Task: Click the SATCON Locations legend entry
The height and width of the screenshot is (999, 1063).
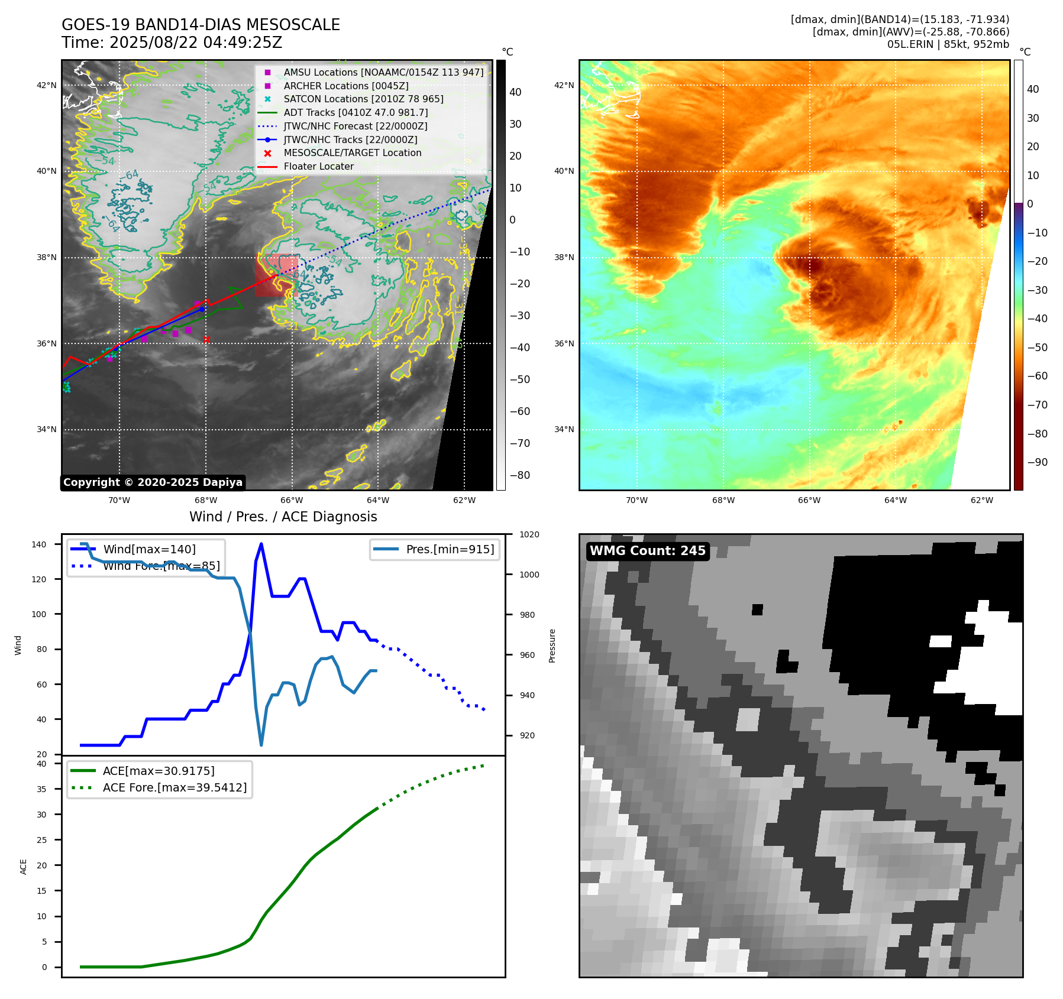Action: click(363, 99)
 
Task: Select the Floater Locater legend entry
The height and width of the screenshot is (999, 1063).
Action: click(318, 167)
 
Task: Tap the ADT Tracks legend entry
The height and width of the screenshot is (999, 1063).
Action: click(356, 112)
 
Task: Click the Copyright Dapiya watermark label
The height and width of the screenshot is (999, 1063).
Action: click(153, 482)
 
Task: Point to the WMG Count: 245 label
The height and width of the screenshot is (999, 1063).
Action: click(648, 551)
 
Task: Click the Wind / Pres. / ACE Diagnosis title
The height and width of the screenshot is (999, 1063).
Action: click(283, 517)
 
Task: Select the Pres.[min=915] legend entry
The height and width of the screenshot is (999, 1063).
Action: click(450, 549)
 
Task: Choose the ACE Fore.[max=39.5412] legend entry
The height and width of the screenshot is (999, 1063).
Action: click(175, 787)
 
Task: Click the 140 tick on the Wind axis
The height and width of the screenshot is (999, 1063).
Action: click(39, 544)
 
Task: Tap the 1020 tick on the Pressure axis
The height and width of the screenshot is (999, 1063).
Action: click(529, 534)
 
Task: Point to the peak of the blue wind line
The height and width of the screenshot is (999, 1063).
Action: click(261, 544)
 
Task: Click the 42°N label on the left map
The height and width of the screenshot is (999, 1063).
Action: click(47, 85)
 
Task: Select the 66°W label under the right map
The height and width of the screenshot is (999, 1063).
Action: click(809, 500)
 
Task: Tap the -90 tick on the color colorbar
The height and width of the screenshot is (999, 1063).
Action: click(1038, 462)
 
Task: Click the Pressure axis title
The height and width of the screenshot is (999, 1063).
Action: click(552, 646)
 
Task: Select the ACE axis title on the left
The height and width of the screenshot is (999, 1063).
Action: click(24, 867)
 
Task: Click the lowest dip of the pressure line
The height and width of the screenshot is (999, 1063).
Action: click(261, 745)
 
